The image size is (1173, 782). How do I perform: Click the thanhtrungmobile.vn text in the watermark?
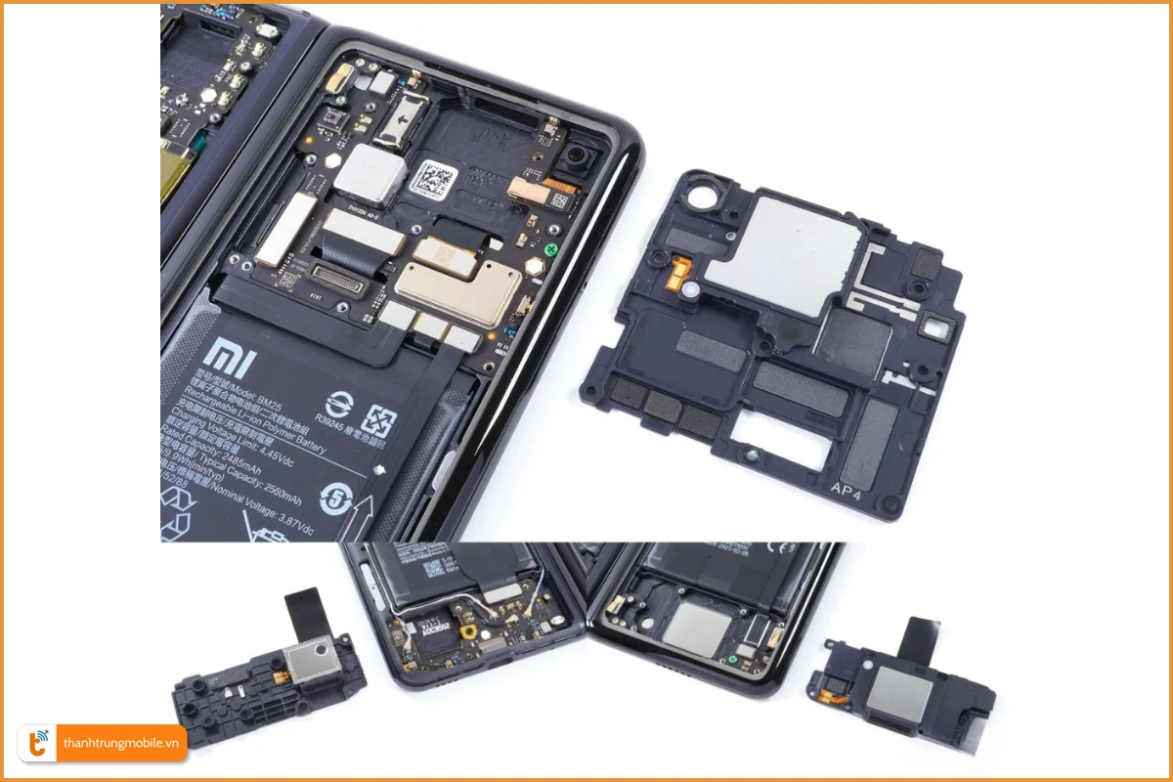point(122,743)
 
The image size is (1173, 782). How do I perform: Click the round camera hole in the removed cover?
point(707,195)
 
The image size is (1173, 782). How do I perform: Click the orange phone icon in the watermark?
point(40,743)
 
